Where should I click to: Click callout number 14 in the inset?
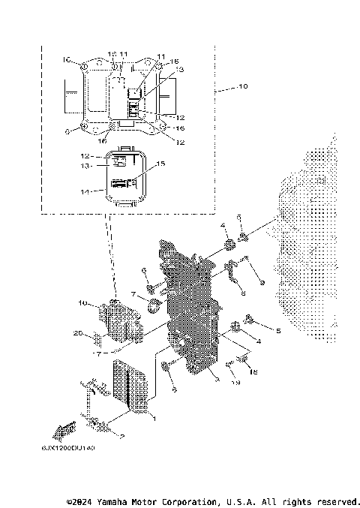(85, 191)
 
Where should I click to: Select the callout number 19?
(235, 383)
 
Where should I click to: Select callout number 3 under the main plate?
(217, 381)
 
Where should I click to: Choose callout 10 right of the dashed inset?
(242, 88)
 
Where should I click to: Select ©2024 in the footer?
(80, 500)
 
